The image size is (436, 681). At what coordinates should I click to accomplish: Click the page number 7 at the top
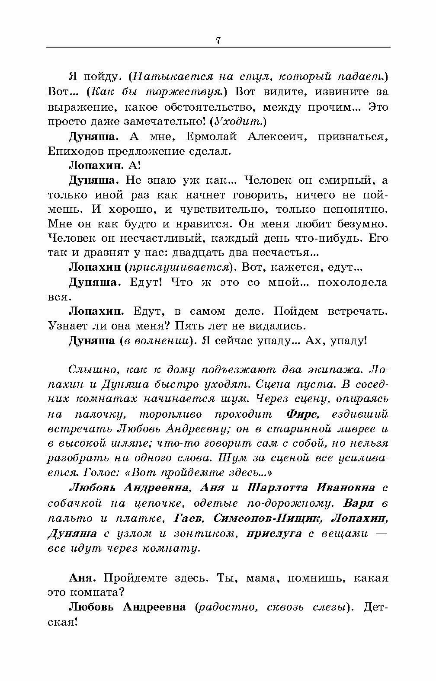218,41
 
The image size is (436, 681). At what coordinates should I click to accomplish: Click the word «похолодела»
353,282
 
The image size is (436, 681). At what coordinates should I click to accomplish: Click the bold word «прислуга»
274,534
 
